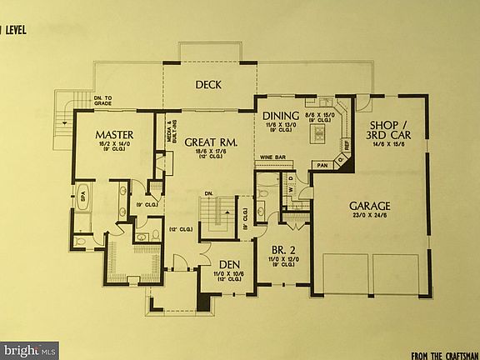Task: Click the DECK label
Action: click(207, 85)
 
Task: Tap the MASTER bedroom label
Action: click(114, 135)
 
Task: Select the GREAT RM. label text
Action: click(212, 142)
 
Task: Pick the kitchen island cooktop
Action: click(318, 133)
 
